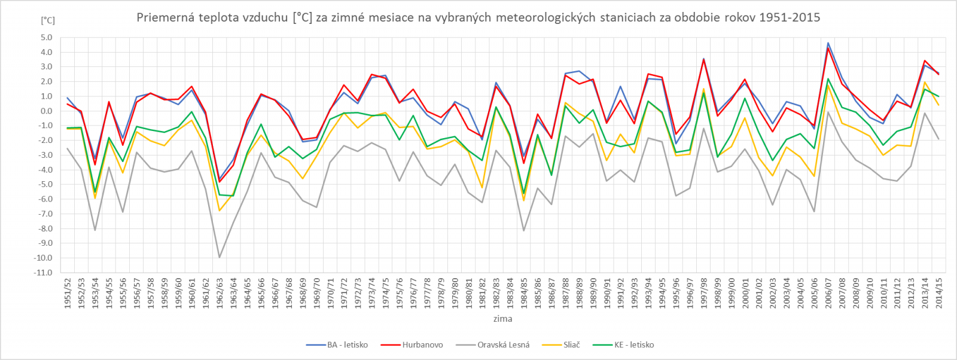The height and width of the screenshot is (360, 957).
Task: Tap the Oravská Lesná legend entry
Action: pos(503,345)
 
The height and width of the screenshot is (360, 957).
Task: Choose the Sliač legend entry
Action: pos(571,345)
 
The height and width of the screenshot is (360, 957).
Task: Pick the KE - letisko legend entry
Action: pos(634,345)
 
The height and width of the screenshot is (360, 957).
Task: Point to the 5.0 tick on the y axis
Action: pos(47,37)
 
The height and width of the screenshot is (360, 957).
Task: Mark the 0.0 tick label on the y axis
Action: pos(47,111)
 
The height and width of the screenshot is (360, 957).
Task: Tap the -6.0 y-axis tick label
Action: pos(45,199)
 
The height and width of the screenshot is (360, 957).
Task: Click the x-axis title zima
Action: pos(502,319)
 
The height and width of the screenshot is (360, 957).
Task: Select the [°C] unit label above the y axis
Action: pos(48,20)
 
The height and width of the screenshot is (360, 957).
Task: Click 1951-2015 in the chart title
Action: pos(790,17)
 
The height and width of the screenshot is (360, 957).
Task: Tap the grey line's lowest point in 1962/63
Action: pos(220,257)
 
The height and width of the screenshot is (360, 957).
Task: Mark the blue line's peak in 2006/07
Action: pos(828,43)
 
